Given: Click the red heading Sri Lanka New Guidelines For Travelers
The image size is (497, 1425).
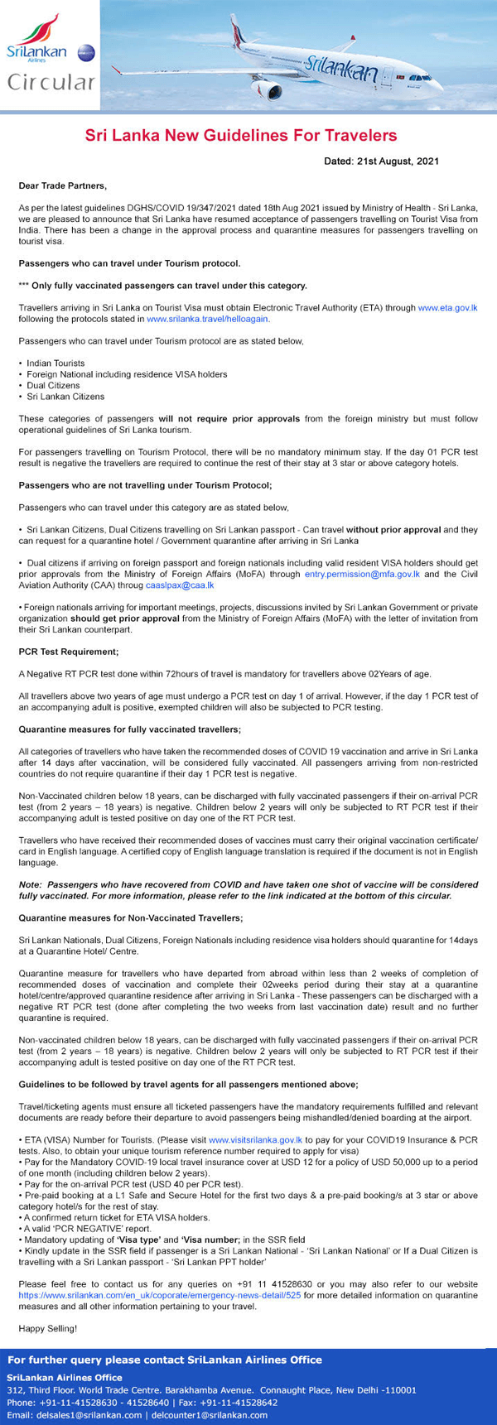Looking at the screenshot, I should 241,135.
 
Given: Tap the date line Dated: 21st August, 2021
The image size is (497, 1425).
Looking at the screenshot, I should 381,161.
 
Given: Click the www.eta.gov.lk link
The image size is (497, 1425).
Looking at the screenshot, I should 447,307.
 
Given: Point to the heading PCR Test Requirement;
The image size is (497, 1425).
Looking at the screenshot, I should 69,652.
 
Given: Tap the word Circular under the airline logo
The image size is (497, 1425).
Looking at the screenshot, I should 51,83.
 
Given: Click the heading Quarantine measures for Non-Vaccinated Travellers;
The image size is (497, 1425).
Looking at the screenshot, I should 131,918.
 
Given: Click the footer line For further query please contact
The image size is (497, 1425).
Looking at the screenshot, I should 164,1360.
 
